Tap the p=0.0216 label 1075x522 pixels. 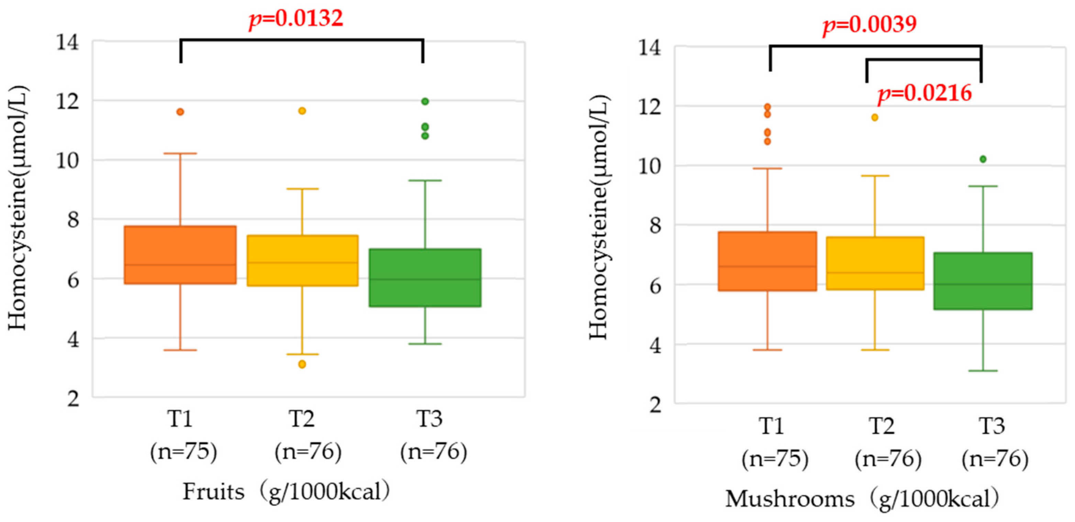(925, 93)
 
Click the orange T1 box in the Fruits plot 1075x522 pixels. (180, 255)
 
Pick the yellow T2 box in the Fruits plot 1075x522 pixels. (302, 261)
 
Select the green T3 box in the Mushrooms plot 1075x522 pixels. (983, 281)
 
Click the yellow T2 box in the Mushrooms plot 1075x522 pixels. (875, 263)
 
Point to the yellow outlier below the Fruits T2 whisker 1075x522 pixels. (302, 364)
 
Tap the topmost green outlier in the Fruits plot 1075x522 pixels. (425, 101)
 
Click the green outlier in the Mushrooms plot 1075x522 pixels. (983, 159)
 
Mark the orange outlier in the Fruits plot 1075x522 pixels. (180, 112)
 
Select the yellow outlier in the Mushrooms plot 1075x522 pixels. (875, 118)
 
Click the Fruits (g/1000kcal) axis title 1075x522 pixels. (286, 491)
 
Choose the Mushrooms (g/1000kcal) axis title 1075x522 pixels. (862, 499)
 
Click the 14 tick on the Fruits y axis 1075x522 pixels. (68, 42)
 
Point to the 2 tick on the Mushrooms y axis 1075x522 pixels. (655, 405)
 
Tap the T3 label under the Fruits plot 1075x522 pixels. (430, 419)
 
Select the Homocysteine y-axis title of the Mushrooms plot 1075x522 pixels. (600, 217)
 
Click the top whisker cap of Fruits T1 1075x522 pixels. (180, 154)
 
